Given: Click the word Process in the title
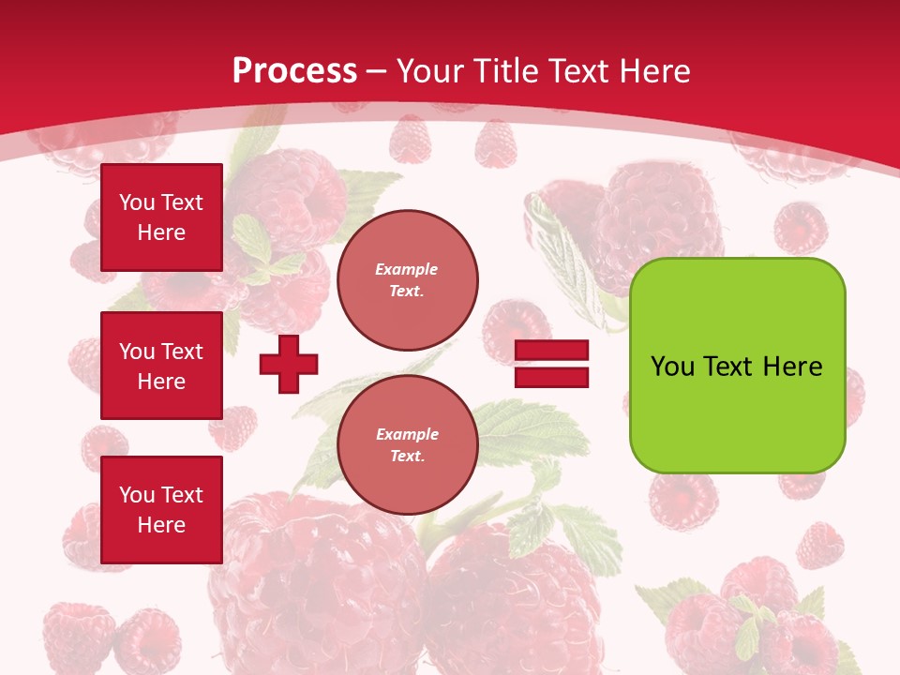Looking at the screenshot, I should [x=294, y=70].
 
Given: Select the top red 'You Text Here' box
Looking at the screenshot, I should [x=161, y=217].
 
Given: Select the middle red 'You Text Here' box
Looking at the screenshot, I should [x=161, y=366].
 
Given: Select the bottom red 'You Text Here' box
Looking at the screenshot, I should [x=161, y=510].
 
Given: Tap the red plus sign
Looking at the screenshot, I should [x=289, y=364].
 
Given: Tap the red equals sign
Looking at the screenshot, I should [x=552, y=364].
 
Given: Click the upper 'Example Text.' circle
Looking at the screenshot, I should [x=408, y=280].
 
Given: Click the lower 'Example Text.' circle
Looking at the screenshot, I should [x=408, y=445].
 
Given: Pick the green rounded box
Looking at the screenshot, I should [x=738, y=366].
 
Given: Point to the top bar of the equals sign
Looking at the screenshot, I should [x=552, y=350].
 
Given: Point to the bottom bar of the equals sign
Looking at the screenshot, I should [x=552, y=377].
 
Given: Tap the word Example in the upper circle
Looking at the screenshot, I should [x=406, y=269].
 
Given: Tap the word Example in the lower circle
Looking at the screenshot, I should [x=407, y=434].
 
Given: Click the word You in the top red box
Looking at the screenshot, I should [x=137, y=202].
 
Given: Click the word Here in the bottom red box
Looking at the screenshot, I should [x=161, y=525].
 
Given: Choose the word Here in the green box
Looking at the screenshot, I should [x=792, y=367].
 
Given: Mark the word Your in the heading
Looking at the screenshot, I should [x=429, y=70].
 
